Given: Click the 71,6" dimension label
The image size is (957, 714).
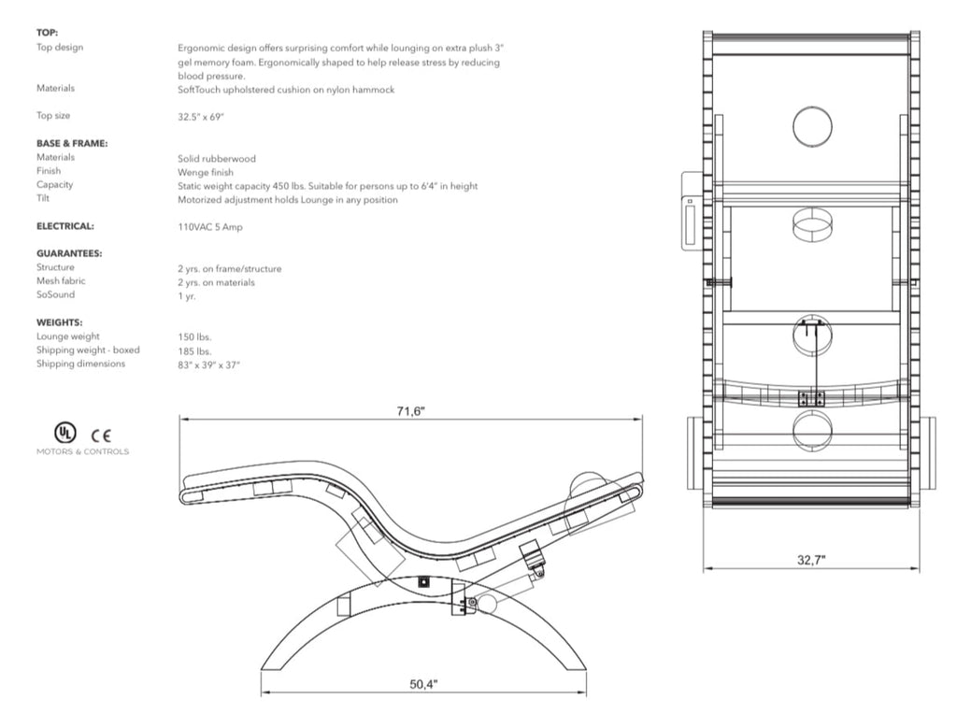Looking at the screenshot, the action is pyautogui.click(x=410, y=410).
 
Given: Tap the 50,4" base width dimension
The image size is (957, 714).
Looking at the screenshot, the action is pyautogui.click(x=423, y=684).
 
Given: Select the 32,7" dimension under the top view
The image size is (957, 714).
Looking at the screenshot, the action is pyautogui.click(x=811, y=560).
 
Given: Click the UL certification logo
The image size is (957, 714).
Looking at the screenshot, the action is pyautogui.click(x=64, y=433).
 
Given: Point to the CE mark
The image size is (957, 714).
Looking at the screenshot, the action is pyautogui.click(x=101, y=436).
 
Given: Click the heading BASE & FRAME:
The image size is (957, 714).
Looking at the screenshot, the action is pyautogui.click(x=72, y=143).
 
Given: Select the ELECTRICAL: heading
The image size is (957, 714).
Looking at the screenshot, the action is pyautogui.click(x=65, y=226).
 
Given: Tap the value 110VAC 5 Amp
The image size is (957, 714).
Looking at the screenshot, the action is pyautogui.click(x=210, y=227).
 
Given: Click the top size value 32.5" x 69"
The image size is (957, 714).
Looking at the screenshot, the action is pyautogui.click(x=201, y=117).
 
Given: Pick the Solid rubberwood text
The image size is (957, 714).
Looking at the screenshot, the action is pyautogui.click(x=217, y=159).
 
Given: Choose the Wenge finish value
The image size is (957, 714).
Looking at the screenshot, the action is pyautogui.click(x=205, y=173).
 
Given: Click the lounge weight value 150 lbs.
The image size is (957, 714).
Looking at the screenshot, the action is pyautogui.click(x=194, y=336).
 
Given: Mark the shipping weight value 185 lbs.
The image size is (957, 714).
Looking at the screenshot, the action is pyautogui.click(x=194, y=351).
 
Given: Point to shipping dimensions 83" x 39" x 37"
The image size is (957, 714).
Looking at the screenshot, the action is pyautogui.click(x=208, y=364).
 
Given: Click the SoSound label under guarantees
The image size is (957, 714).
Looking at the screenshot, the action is pyautogui.click(x=55, y=294).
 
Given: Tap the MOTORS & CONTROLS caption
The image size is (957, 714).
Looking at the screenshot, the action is pyautogui.click(x=82, y=451).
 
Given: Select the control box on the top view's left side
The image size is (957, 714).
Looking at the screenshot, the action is pyautogui.click(x=690, y=210).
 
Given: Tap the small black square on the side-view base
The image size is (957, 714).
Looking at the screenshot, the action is pyautogui.click(x=423, y=582).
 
